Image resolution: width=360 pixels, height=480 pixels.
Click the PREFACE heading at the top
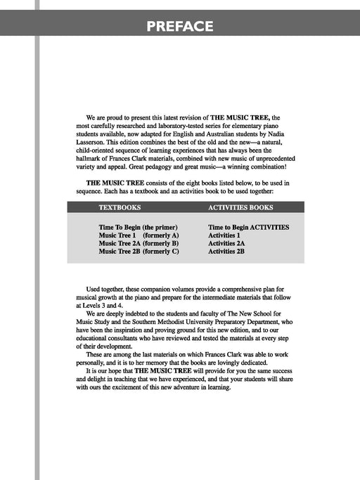point(180,27)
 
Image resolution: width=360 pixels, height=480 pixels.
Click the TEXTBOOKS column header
point(120,208)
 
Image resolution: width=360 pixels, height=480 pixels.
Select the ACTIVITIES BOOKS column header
point(240,208)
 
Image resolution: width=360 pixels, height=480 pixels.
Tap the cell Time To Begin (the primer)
point(138,228)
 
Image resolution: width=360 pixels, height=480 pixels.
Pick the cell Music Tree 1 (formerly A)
point(139,235)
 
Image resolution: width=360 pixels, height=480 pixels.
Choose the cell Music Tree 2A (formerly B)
point(139,243)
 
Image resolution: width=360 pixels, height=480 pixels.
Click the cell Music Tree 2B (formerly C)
point(139,251)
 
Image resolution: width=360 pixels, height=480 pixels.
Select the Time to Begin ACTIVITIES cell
point(249,228)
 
